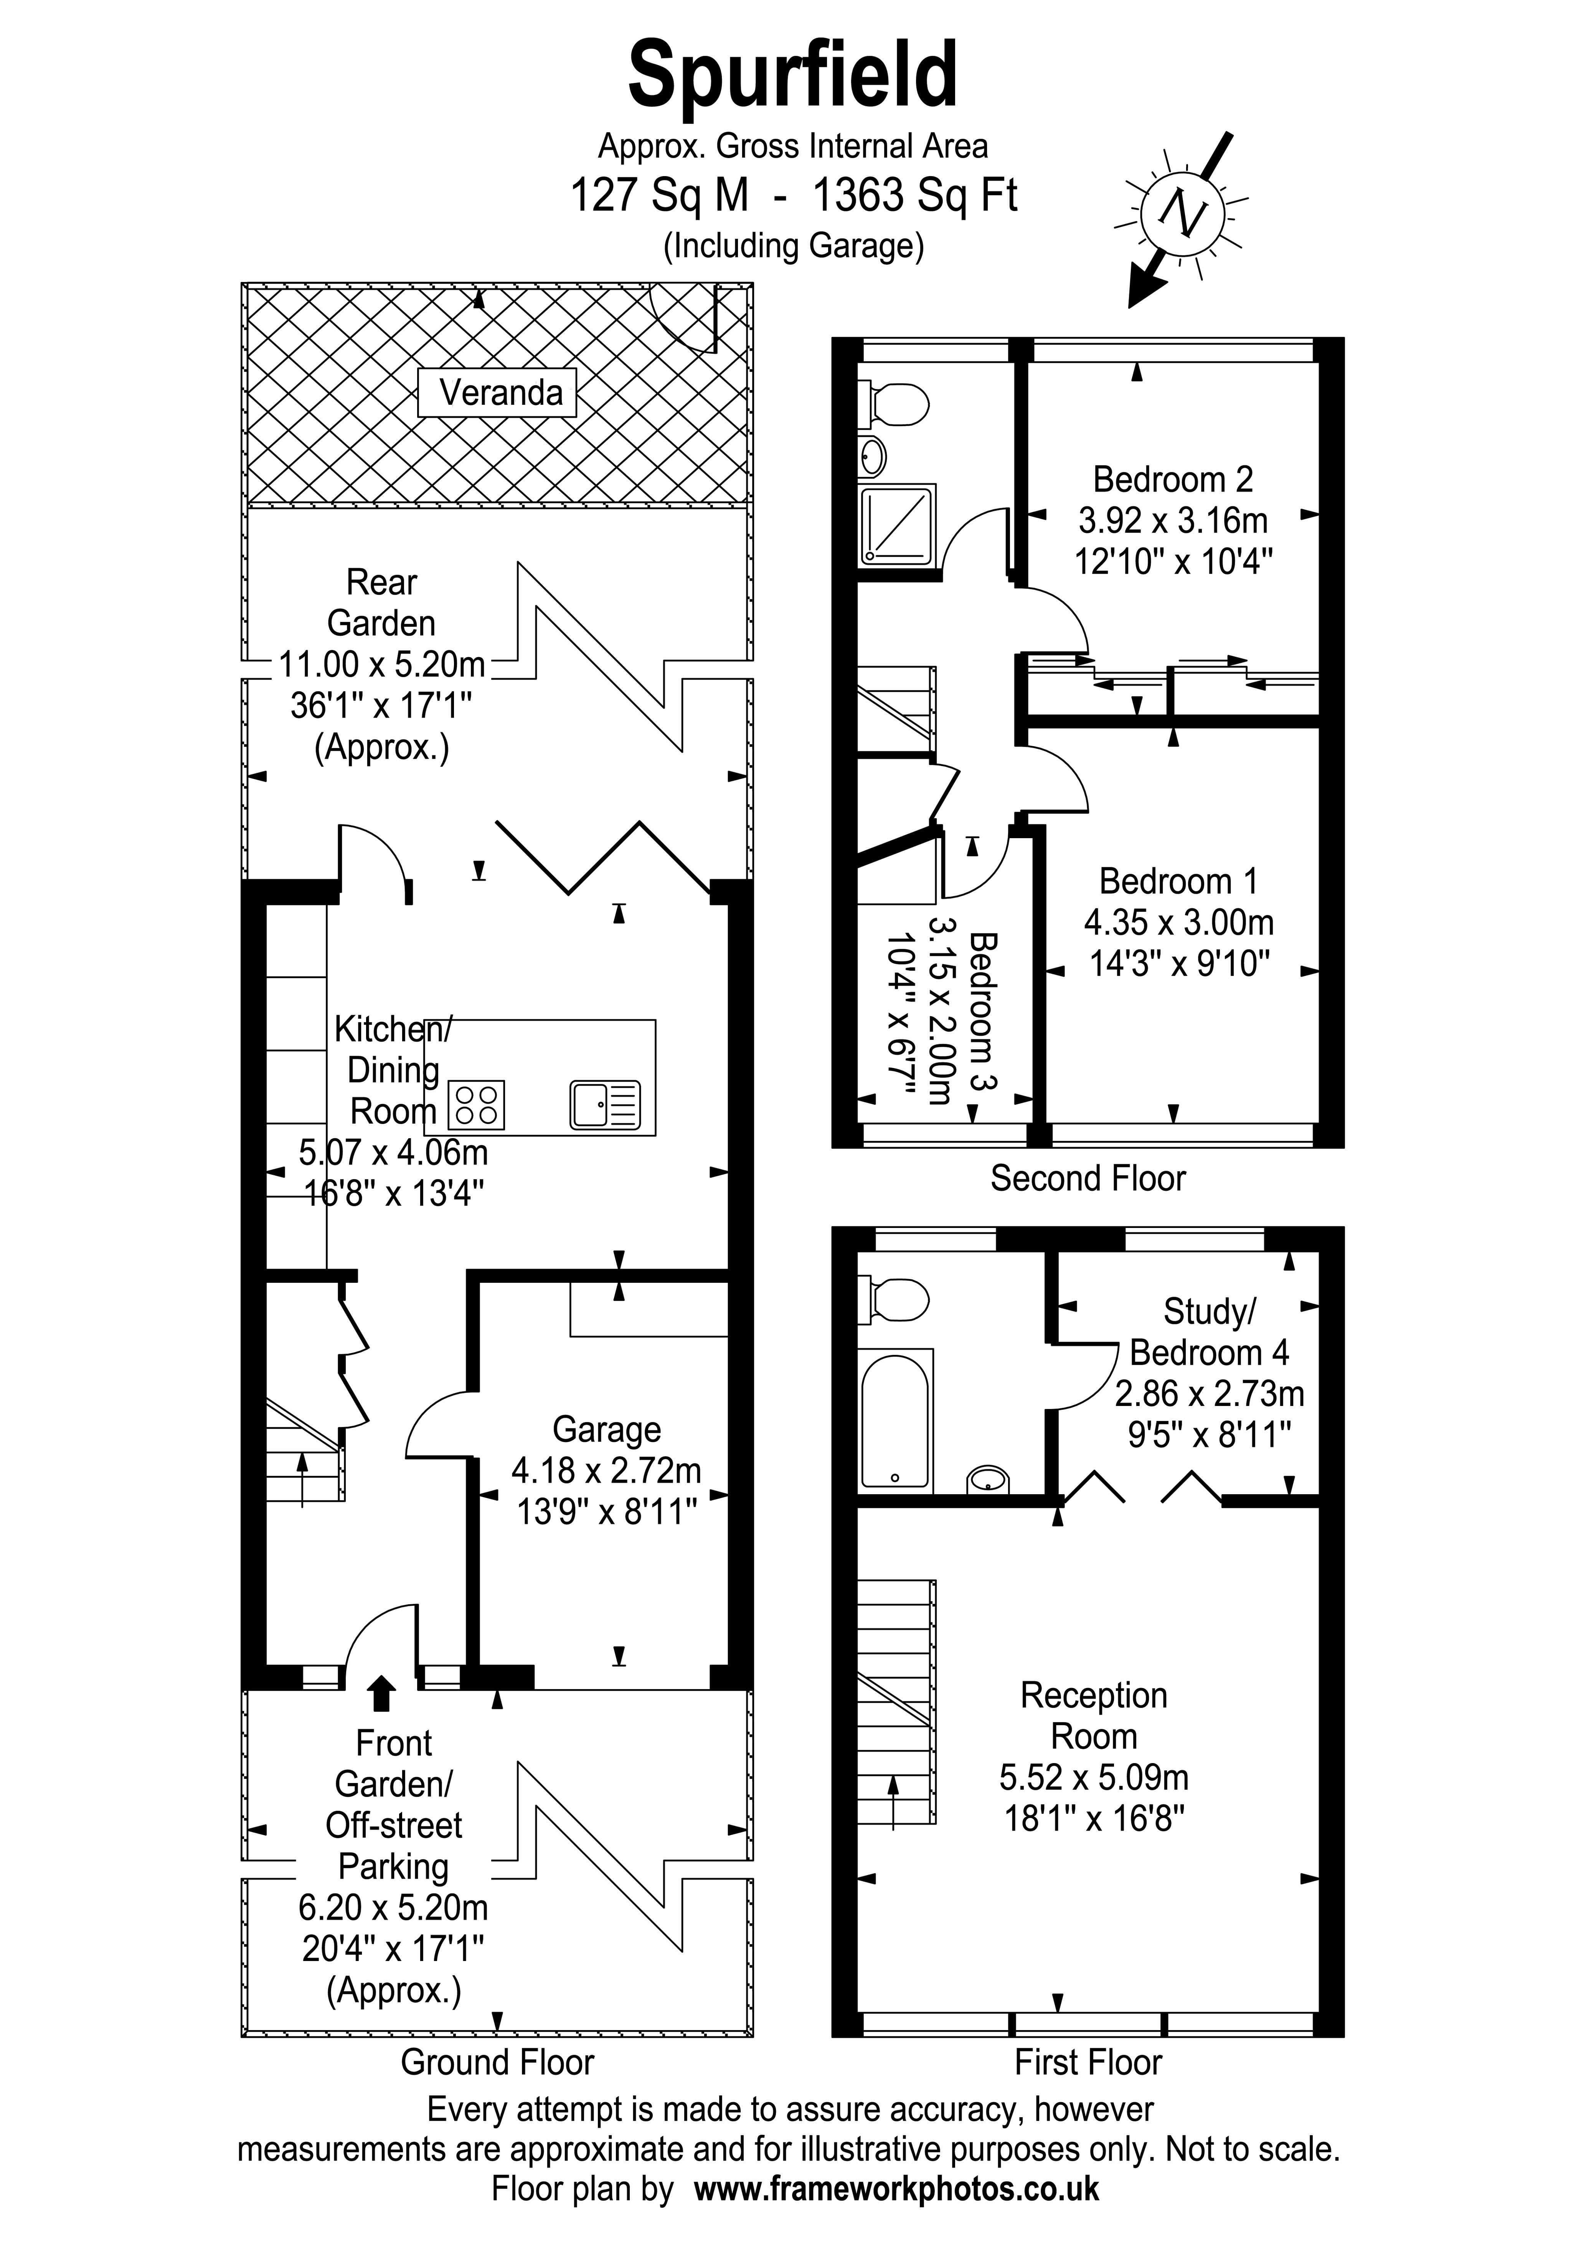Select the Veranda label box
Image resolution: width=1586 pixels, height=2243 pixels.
pyautogui.click(x=497, y=393)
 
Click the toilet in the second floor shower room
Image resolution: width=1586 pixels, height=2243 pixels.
pyautogui.click(x=893, y=404)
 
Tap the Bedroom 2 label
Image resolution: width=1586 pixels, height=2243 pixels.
pyautogui.click(x=1173, y=480)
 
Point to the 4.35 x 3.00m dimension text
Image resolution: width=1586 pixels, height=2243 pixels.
pyautogui.click(x=1178, y=922)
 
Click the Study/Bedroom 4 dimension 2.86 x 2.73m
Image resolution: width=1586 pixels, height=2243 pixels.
pyautogui.click(x=1210, y=1393)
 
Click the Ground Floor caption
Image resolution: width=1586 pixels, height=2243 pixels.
pyautogui.click(x=497, y=2062)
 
